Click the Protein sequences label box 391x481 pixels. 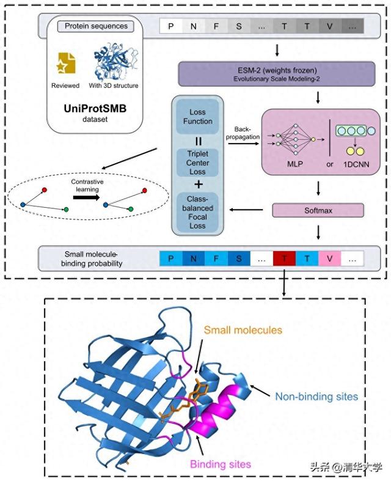pos(96,26)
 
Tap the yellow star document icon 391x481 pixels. pos(67,63)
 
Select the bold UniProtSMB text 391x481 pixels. pos(95,109)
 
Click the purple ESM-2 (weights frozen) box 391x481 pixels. pos(277,73)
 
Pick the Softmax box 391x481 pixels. pos(318,210)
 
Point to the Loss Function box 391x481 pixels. pos(197,117)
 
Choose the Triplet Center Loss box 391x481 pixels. pos(197,163)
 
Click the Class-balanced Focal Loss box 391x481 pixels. pos(197,212)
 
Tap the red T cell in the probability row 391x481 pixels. pos(284,259)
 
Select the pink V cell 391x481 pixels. pos(330,259)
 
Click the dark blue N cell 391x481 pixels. pos(194,259)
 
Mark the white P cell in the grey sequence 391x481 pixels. pos(171,26)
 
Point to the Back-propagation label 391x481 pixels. pos(243,133)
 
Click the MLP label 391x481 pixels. pos(294,164)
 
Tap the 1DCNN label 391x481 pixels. pos(356,164)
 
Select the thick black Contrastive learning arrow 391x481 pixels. pos(87,197)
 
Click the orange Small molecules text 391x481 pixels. pos(243,330)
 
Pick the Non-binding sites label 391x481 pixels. pos(316,397)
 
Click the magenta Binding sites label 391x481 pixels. pos(221,464)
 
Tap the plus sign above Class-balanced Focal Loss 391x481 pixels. pos(199,185)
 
